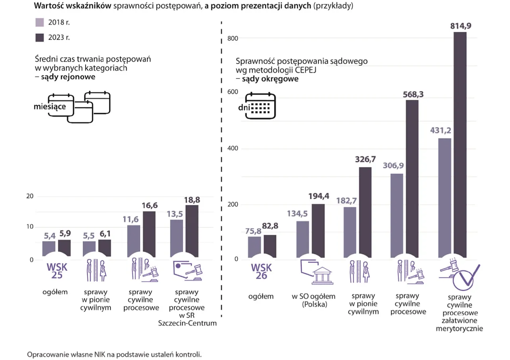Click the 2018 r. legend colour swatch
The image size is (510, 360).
tap(40, 22)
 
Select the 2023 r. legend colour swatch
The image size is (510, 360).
tap(40, 38)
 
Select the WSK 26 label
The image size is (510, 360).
tap(262, 270)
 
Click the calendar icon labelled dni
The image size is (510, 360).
tap(260, 106)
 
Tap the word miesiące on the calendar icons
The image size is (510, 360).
tap(50, 106)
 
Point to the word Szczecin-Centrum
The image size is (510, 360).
tap(187, 323)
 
